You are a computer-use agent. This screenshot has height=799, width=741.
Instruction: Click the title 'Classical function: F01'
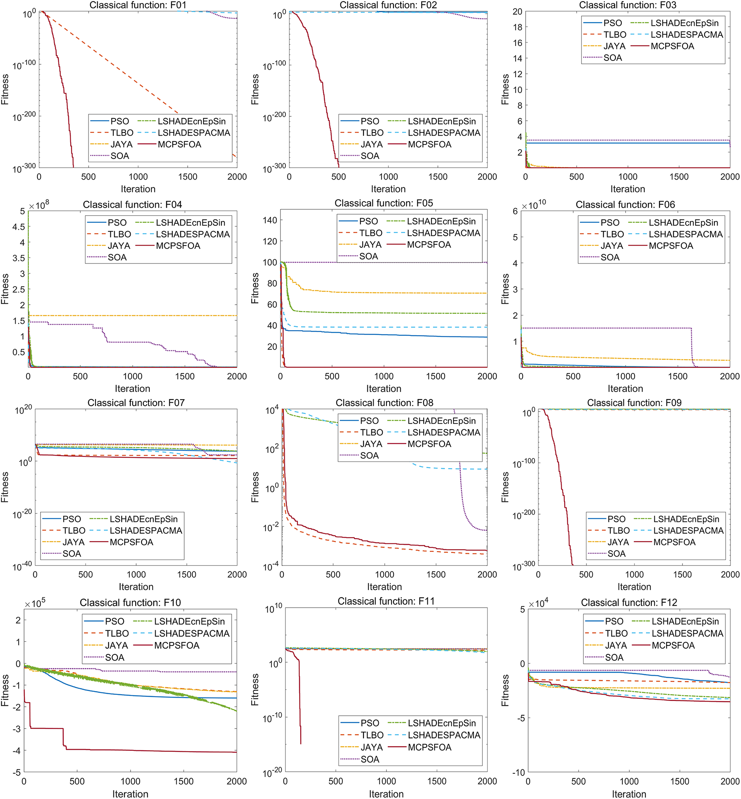[x=138, y=5]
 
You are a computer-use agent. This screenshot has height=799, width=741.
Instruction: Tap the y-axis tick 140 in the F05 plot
[x=269, y=220]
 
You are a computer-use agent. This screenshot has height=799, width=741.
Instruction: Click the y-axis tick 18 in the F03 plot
[x=517, y=27]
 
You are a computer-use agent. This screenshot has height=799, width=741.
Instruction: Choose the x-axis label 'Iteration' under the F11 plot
[x=386, y=794]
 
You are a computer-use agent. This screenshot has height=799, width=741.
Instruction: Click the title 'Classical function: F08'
[x=384, y=403]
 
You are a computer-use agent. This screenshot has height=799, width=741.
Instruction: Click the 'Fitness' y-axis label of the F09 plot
[x=505, y=487]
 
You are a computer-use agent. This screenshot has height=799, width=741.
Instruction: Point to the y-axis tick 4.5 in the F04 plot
[x=18, y=227]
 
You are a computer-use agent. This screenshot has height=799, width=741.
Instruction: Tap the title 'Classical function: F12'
[x=629, y=603]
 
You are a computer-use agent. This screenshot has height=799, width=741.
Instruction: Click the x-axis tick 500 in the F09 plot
[x=586, y=574]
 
